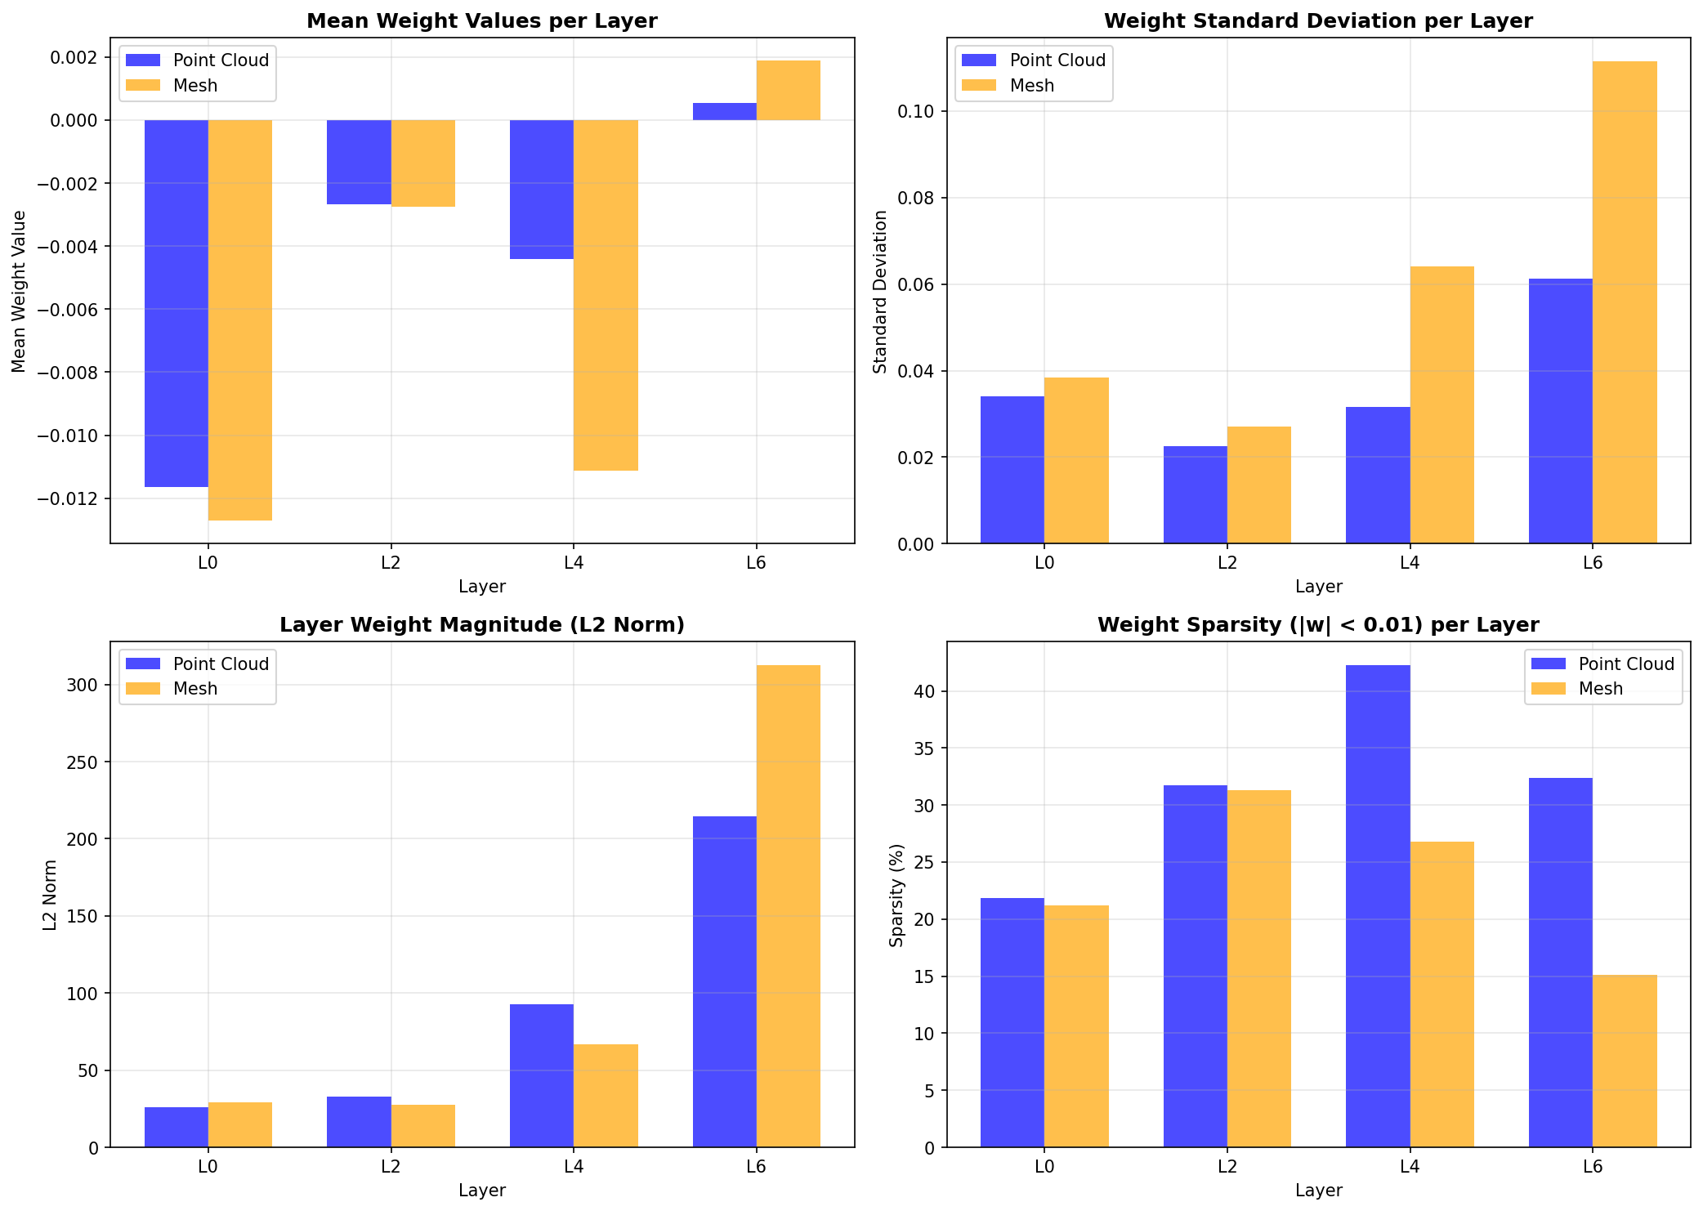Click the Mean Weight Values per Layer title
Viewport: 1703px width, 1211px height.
481,21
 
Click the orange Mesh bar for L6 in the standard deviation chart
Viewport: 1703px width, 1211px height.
1625,302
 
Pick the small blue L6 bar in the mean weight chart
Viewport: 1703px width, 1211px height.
724,112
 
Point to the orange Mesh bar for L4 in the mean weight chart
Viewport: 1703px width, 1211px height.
606,294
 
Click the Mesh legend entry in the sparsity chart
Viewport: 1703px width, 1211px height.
1599,689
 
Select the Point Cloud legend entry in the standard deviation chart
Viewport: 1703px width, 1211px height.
1057,60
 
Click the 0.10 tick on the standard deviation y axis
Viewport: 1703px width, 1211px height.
918,111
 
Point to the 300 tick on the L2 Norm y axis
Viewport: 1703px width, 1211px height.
82,685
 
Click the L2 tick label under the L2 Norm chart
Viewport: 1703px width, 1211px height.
391,1166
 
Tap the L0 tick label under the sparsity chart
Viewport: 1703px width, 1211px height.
1044,1166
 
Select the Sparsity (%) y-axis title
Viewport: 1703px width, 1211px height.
897,895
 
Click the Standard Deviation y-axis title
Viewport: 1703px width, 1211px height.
880,292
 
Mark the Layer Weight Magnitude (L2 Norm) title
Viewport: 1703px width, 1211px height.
481,625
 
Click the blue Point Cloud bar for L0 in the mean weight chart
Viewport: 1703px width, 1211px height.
177,302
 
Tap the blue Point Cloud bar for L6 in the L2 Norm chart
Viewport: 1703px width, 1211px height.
724,981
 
